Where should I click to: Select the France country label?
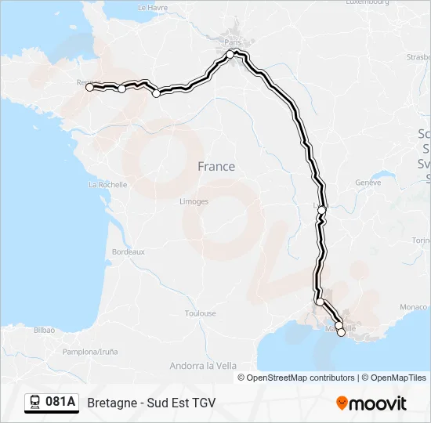pos(215,166)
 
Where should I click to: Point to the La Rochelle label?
pos(108,185)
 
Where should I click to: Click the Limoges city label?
pos(194,201)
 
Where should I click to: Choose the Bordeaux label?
pos(129,251)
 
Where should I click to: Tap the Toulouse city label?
pos(200,313)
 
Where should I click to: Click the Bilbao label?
pos(45,331)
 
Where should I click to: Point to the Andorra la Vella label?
pos(203,365)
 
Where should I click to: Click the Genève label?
pos(368,183)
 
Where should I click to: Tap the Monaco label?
pos(413,306)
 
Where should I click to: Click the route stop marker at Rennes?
pos(89,88)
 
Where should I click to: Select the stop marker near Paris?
pos(231,54)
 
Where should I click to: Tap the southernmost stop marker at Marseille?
pos(341,333)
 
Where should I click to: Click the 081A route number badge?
pos(52,403)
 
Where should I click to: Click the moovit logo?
pos(371,403)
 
